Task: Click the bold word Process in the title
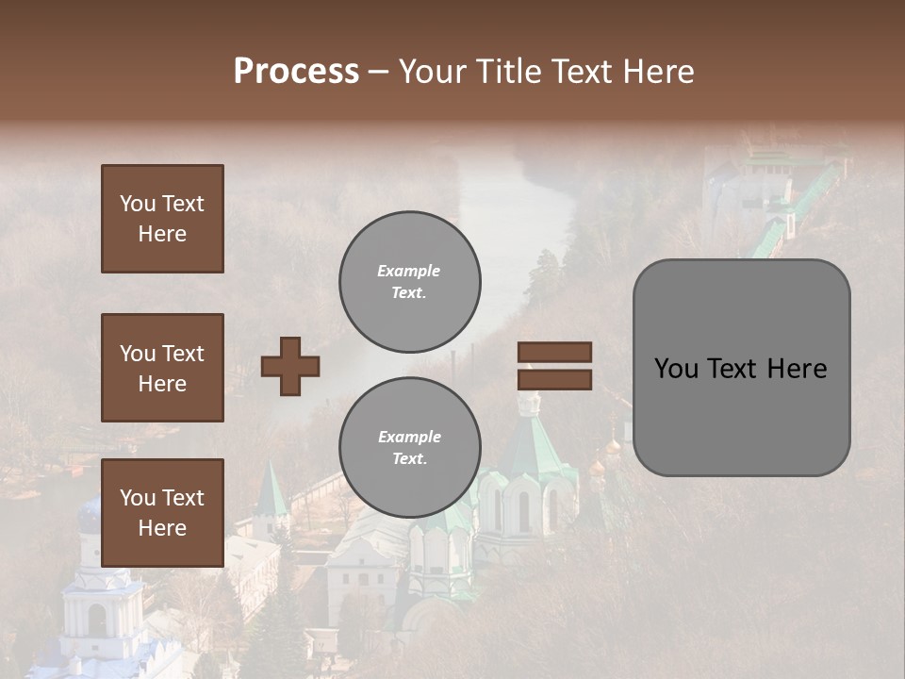[x=296, y=71]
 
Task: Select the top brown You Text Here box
[x=162, y=219]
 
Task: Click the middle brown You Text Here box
[x=162, y=368]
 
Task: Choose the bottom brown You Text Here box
[x=162, y=512]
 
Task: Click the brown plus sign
[x=290, y=366]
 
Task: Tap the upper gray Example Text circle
[x=409, y=281]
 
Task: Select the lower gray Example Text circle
[x=409, y=448]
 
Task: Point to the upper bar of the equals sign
[x=554, y=352]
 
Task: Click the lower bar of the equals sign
[x=554, y=379]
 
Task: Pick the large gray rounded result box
[x=741, y=368]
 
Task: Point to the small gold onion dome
[x=597, y=466]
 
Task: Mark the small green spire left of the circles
[x=271, y=490]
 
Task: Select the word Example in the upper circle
[x=408, y=271]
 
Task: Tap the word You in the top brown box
[x=137, y=204]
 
